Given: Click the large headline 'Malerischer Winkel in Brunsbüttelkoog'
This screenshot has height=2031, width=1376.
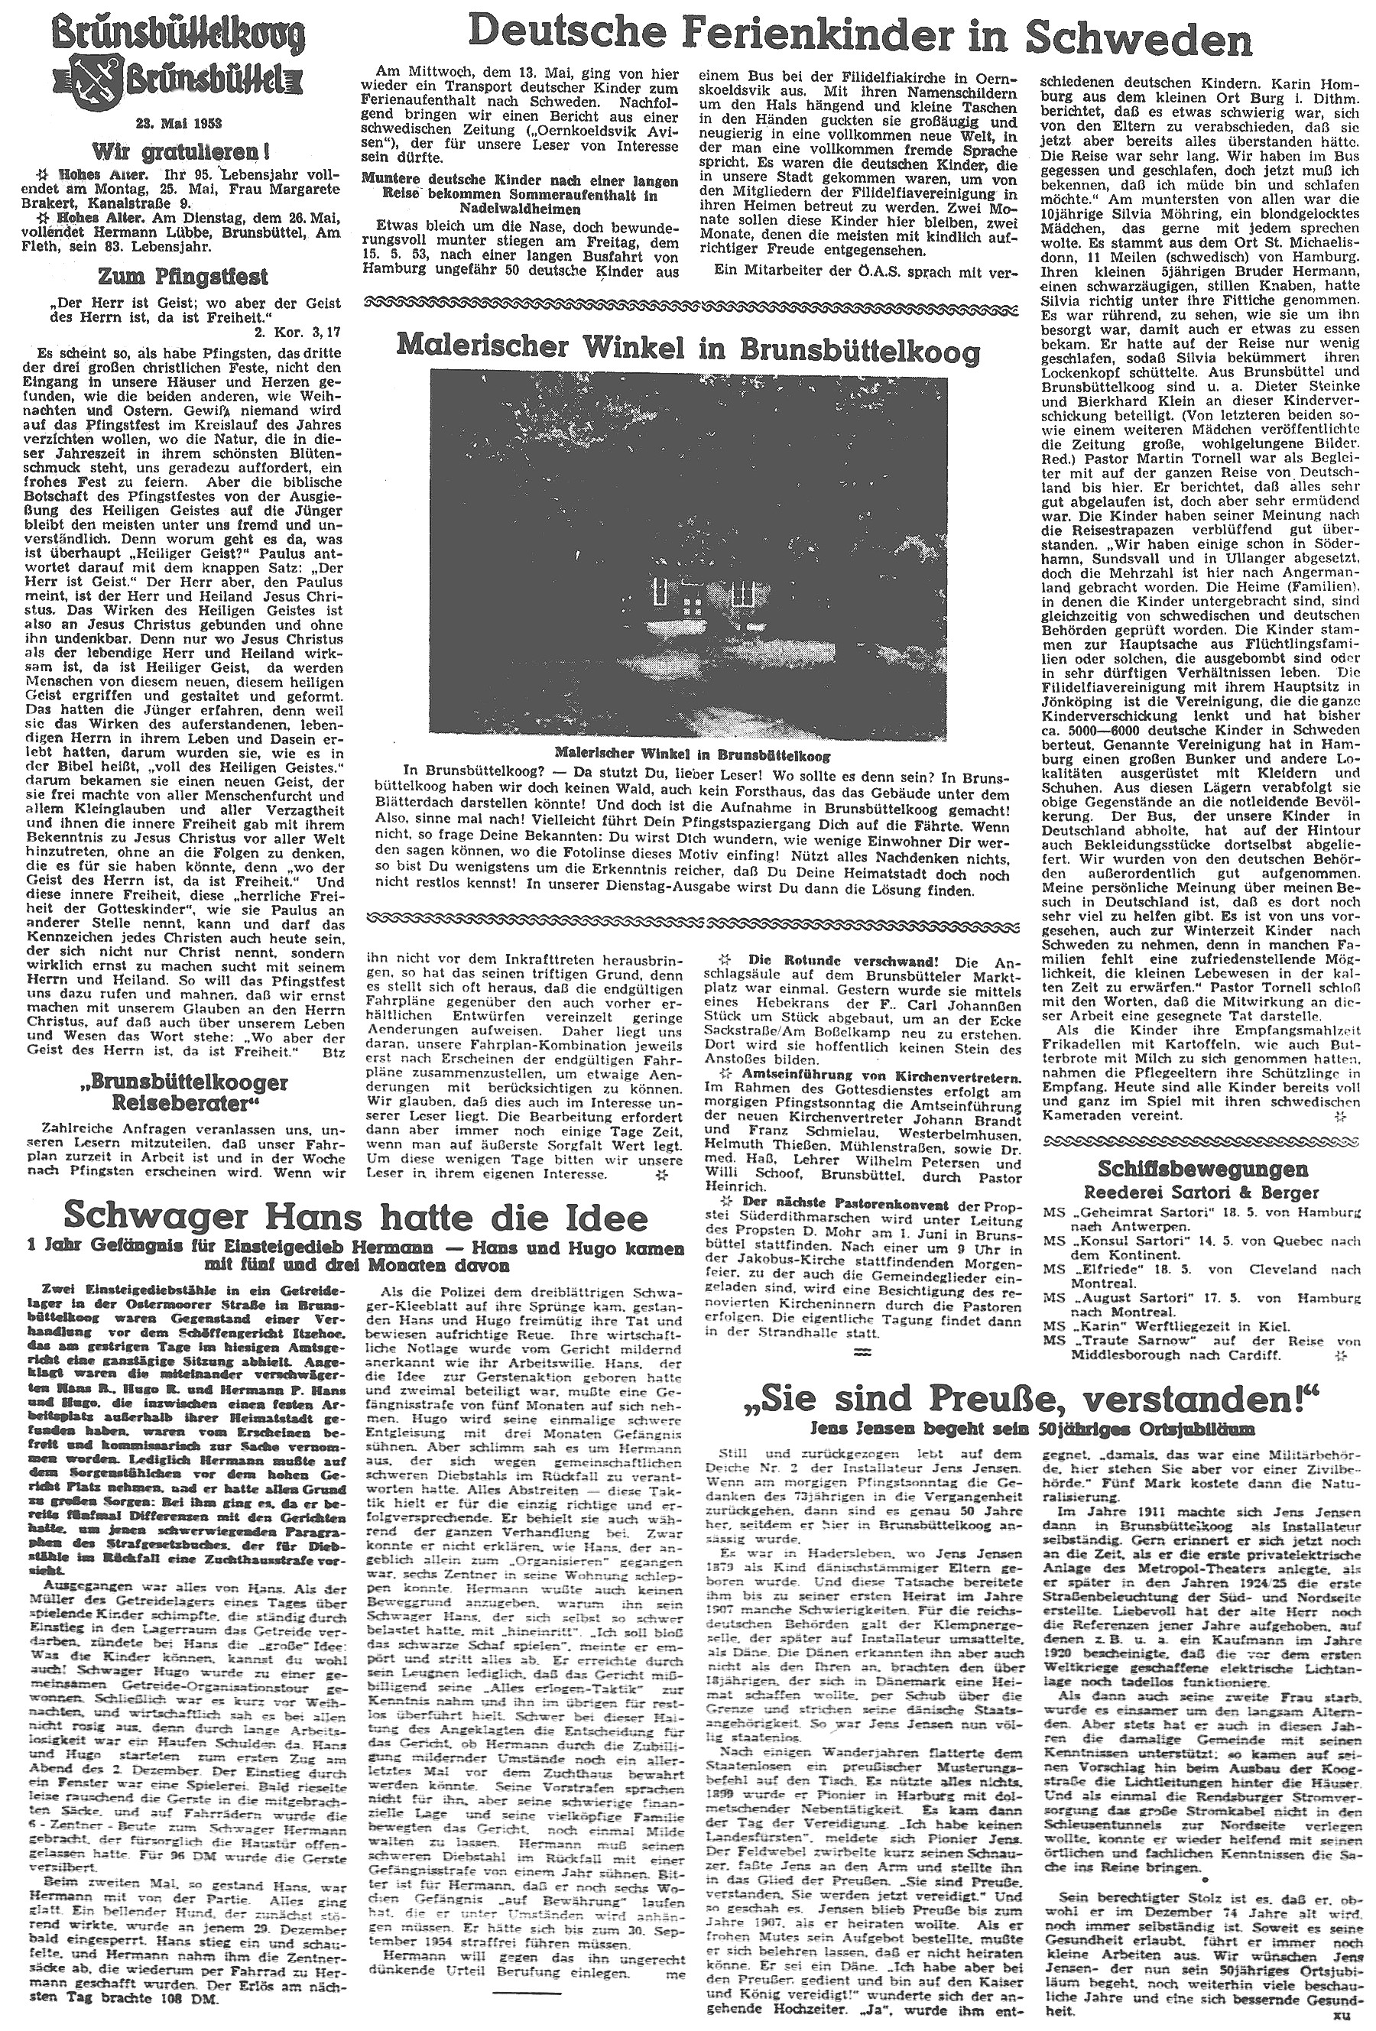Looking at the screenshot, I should coord(687,347).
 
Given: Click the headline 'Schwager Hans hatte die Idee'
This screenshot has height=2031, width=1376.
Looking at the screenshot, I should coord(349,1215).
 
